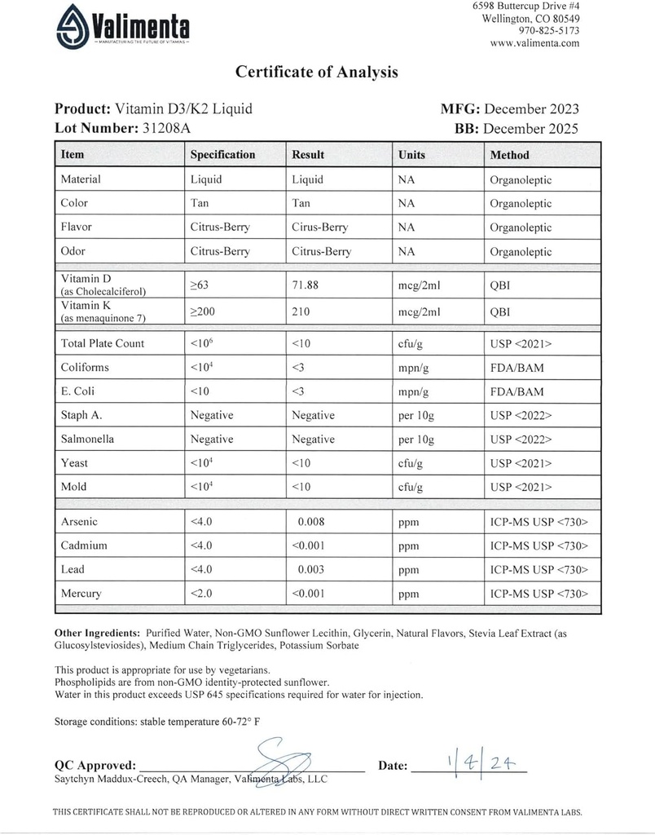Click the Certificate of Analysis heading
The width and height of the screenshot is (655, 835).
pos(317,72)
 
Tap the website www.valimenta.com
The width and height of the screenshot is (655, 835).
pos(535,43)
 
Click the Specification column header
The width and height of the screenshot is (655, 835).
pos(222,155)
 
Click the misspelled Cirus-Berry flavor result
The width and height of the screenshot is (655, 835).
pos(320,228)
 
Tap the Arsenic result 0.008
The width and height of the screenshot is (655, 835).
pos(314,520)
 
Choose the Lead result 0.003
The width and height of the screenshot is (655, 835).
pos(314,569)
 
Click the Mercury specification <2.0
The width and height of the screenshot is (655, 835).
pos(200,594)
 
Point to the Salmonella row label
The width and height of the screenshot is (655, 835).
pos(87,439)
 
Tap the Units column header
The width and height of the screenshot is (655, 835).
pos(411,155)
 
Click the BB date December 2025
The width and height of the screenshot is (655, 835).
pos(530,128)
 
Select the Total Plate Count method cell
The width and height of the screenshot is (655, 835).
pos(521,343)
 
